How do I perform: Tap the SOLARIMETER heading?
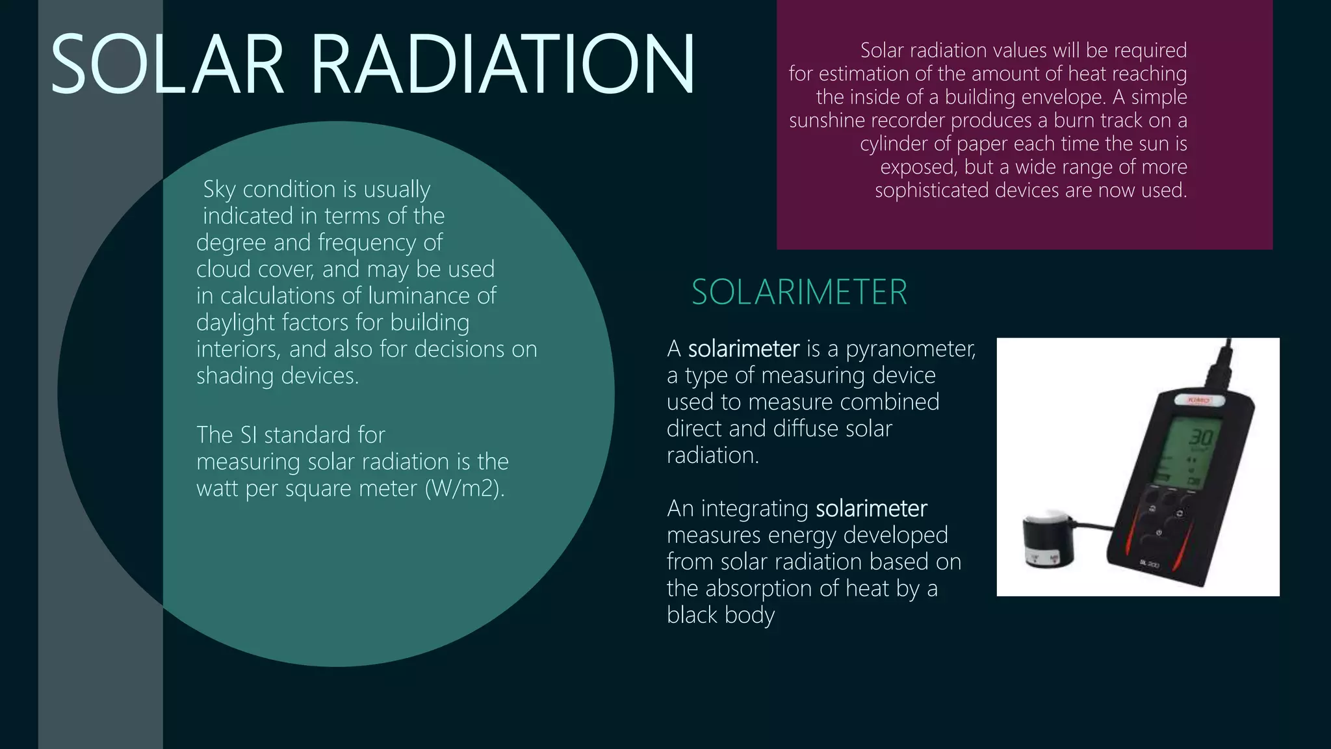coord(799,292)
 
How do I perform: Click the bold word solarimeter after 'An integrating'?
coord(871,508)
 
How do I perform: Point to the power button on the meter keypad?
coord(1159,533)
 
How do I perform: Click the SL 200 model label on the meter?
coord(1148,564)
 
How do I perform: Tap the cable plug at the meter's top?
coord(1221,368)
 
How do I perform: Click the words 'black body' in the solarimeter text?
coord(721,615)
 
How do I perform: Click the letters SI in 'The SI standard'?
coord(248,435)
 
